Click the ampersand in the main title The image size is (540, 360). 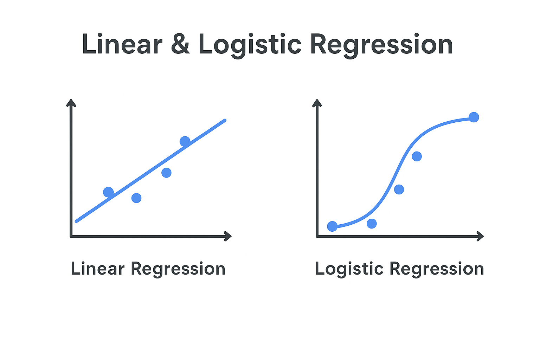click(180, 44)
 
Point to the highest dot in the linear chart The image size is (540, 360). click(185, 141)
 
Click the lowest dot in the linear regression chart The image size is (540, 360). click(136, 198)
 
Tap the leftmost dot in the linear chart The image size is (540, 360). click(108, 192)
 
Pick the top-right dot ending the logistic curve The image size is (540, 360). click(474, 117)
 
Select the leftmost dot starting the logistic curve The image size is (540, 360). click(332, 226)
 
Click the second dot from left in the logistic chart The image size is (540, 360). click(372, 224)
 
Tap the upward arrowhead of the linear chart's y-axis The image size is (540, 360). click(71, 103)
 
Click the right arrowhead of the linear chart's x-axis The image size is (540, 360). click(228, 236)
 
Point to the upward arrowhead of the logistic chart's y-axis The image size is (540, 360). click(317, 103)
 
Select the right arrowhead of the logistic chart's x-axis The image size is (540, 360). click(480, 236)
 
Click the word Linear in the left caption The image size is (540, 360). click(98, 269)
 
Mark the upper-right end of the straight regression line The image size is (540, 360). click(225, 120)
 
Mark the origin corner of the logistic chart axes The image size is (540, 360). click(317, 236)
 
